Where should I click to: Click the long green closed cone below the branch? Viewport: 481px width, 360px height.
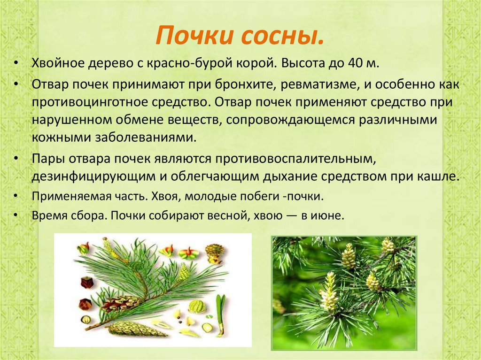pos(136,329)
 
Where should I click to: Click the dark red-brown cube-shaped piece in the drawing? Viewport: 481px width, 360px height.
pos(87,283)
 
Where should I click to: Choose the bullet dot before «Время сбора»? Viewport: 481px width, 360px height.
pos(17,216)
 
